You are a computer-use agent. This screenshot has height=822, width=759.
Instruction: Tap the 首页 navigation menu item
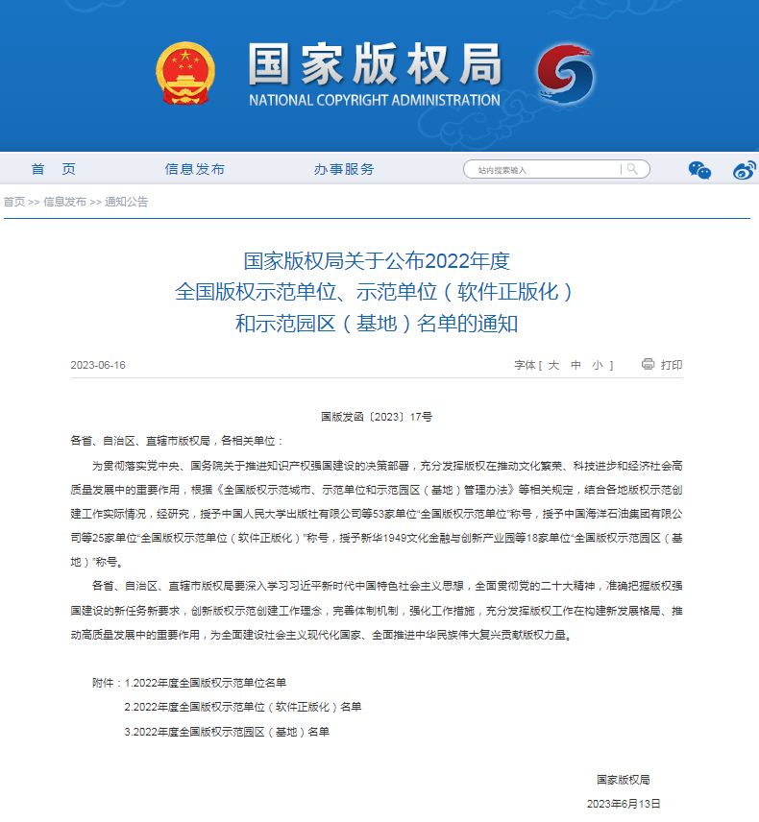pyautogui.click(x=53, y=169)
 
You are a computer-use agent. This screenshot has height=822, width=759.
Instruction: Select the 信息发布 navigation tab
pyautogui.click(x=194, y=169)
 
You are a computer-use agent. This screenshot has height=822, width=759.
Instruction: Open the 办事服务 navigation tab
pyautogui.click(x=343, y=169)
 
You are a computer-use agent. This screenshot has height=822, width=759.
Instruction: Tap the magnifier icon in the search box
pyautogui.click(x=632, y=169)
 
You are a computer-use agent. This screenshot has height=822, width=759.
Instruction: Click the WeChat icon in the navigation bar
pyautogui.click(x=699, y=170)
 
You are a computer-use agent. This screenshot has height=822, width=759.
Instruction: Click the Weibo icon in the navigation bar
pyautogui.click(x=744, y=170)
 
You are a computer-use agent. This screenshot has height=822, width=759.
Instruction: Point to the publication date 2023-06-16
pyautogui.click(x=98, y=365)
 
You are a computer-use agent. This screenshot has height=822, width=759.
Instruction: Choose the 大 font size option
pyautogui.click(x=553, y=365)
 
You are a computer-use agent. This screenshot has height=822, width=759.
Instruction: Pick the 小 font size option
pyautogui.click(x=598, y=365)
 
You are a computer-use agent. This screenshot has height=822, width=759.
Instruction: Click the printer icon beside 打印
pyautogui.click(x=648, y=364)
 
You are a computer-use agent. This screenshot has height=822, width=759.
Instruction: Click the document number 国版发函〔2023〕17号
pyautogui.click(x=377, y=417)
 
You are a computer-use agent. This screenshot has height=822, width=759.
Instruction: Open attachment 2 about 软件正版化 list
pyautogui.click(x=243, y=707)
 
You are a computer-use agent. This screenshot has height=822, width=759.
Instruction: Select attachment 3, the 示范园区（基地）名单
pyautogui.click(x=227, y=732)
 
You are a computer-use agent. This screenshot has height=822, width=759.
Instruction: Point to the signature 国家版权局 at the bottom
pyautogui.click(x=623, y=780)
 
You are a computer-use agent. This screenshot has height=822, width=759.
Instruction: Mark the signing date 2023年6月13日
pyautogui.click(x=624, y=804)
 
